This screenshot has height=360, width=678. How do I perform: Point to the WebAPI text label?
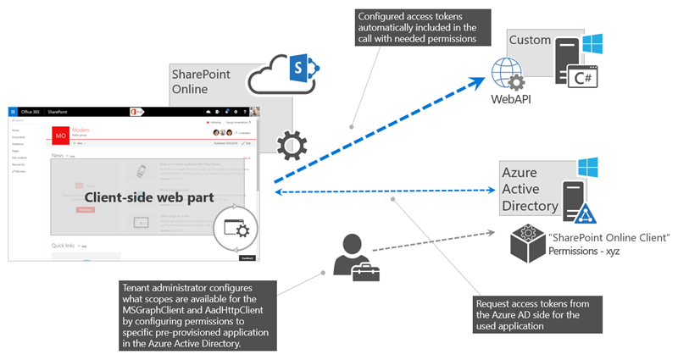pyautogui.click(x=510, y=99)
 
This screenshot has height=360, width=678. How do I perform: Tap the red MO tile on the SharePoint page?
pyautogui.click(x=61, y=136)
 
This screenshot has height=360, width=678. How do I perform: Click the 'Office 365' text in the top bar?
pyautogui.click(x=32, y=111)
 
